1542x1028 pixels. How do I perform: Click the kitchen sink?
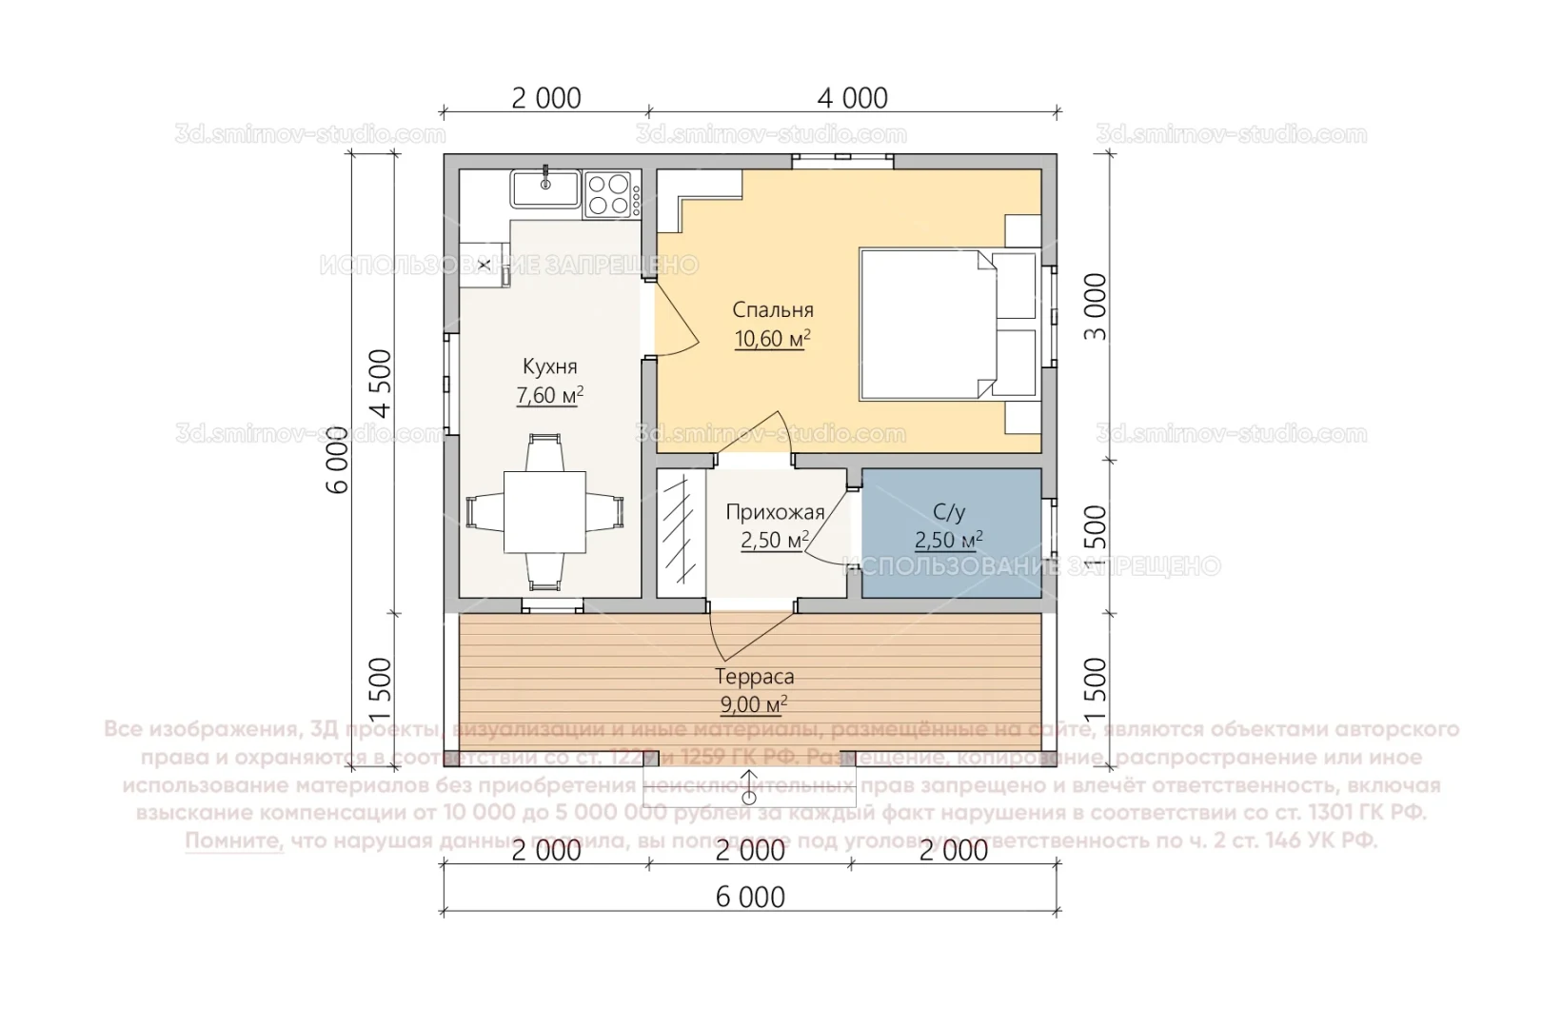(x=545, y=188)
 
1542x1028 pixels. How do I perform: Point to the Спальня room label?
(x=773, y=310)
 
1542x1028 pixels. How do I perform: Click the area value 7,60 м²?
(x=550, y=396)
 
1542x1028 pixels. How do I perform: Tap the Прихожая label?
(x=775, y=513)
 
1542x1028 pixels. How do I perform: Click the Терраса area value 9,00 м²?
(x=754, y=705)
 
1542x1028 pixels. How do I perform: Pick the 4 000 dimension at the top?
(x=852, y=98)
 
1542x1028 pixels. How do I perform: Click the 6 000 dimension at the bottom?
(x=750, y=897)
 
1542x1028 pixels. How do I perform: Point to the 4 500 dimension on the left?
(x=381, y=384)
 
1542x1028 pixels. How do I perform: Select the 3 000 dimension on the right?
(x=1097, y=306)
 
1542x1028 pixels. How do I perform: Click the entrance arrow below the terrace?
(x=750, y=786)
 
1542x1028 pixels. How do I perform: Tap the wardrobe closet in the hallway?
(x=680, y=533)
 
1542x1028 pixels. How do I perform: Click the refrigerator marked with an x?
(x=484, y=265)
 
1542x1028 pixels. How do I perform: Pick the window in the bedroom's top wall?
(x=843, y=161)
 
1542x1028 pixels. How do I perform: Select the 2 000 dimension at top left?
(x=545, y=98)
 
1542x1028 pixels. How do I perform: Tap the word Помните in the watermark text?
(x=234, y=841)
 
